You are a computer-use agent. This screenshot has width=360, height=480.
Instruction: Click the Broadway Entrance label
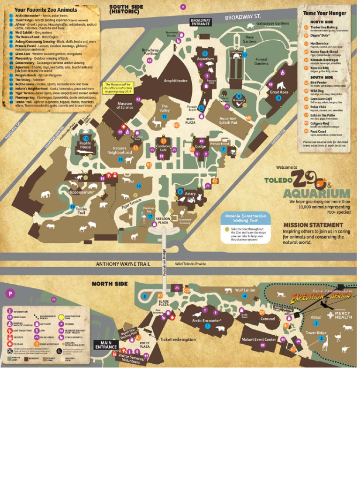(201, 22)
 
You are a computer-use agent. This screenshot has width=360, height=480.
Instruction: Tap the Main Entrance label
(106, 345)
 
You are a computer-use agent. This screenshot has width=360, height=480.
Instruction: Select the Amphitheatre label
(175, 81)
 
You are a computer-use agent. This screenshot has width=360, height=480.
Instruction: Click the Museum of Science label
(125, 105)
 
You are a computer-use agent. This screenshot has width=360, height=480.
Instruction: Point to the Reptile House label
(85, 145)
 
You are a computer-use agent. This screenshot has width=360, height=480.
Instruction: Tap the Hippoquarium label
(82, 192)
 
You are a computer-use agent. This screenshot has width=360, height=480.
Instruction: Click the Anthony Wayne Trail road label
(123, 264)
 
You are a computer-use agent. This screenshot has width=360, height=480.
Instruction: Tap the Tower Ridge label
(315, 332)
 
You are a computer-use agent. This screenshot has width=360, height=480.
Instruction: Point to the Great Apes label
(278, 92)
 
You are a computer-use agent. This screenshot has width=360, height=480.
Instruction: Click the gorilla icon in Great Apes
(280, 85)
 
